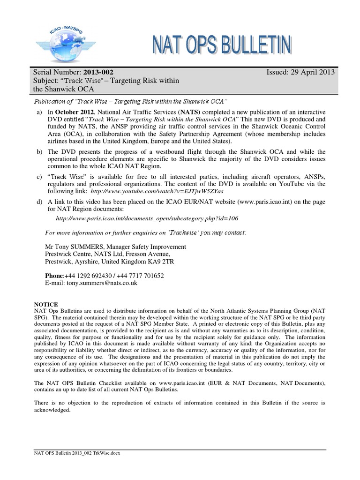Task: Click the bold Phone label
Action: click(x=53, y=276)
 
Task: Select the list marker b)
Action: click(x=39, y=152)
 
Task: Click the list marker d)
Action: click(x=39, y=201)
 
